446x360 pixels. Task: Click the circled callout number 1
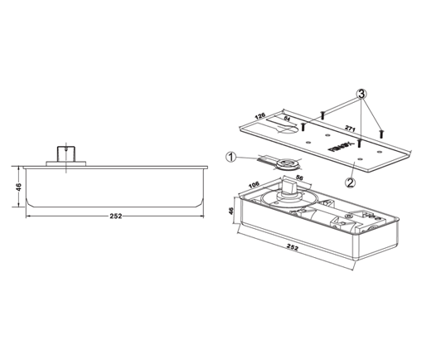pos(231,156)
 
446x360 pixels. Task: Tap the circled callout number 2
pos(351,181)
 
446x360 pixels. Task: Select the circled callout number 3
pos(363,93)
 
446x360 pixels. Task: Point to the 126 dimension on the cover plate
pos(259,116)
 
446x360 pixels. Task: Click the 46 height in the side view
pos(17,189)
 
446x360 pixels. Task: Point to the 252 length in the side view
pos(115,216)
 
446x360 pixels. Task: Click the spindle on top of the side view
pos(60,153)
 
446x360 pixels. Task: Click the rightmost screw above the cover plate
pos(381,131)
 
